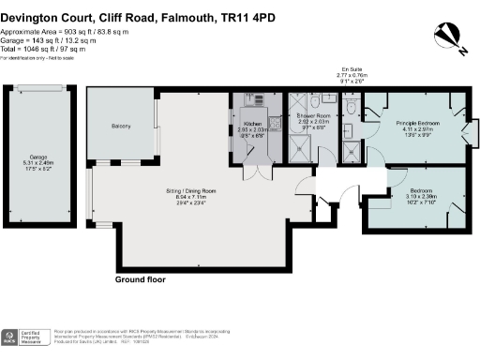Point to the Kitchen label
(253, 123)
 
